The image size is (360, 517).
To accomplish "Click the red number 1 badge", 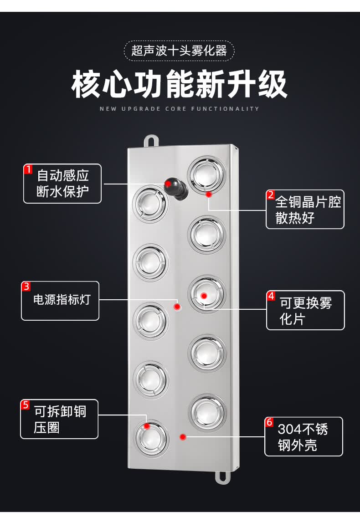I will tap(28, 169).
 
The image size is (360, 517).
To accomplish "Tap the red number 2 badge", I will tap(271, 195).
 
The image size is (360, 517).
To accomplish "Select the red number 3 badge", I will tap(26, 287).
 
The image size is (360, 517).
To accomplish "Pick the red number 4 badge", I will tap(271, 296).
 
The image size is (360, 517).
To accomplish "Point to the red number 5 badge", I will tap(26, 404).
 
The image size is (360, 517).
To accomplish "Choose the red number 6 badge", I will tap(269, 422).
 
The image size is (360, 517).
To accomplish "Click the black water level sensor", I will tap(176, 187).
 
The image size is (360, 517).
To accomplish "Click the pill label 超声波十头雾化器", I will tap(179, 50).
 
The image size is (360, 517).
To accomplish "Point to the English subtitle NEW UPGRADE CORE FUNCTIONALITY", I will tap(180, 109).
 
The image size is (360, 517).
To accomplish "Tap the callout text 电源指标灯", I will tap(62, 300).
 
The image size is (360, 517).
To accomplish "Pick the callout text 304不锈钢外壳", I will tap(303, 437).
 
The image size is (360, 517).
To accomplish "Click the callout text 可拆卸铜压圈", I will tap(60, 420).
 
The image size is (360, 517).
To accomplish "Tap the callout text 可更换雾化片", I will tap(306, 311).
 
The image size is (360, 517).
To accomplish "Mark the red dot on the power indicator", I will tap(177, 307).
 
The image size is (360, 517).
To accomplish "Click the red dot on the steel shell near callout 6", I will tap(183, 437).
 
